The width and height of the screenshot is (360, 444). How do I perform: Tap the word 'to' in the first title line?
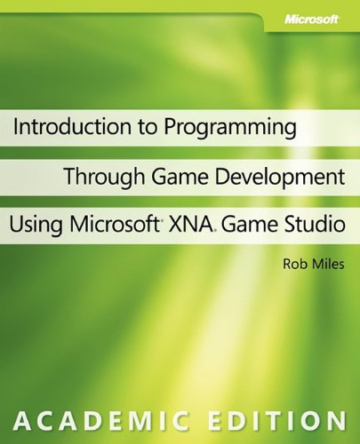[136, 127]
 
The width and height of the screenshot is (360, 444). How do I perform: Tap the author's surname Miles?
[307, 263]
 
